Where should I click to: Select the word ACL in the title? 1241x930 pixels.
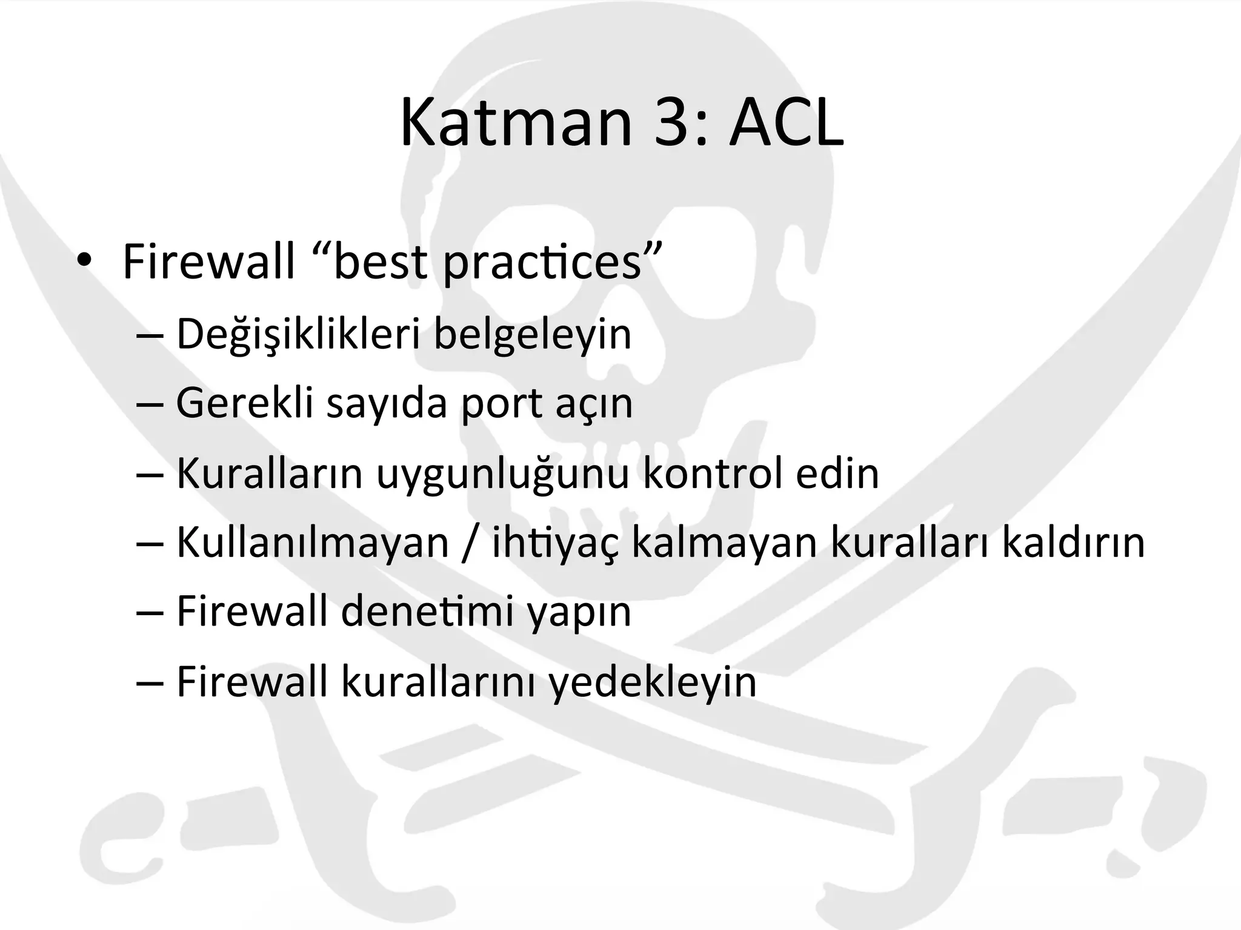786,124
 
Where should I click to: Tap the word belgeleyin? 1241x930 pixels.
533,335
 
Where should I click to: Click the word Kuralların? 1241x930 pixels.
270,473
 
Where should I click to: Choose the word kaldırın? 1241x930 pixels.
1073,542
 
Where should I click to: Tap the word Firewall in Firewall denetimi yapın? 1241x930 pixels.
252,612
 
